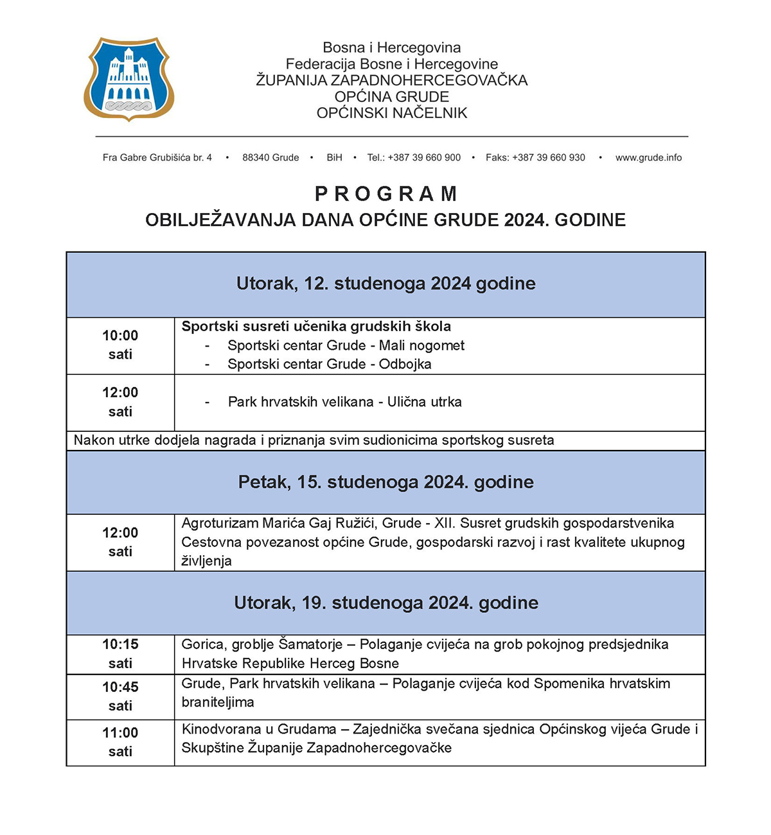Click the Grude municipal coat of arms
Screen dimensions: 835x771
tap(128, 79)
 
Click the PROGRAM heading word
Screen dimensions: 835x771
tap(386, 194)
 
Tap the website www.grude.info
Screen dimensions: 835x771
tap(648, 157)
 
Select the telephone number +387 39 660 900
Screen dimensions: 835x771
tap(424, 157)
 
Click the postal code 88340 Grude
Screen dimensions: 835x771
tap(270, 157)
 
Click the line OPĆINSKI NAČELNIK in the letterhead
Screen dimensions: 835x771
tap(392, 113)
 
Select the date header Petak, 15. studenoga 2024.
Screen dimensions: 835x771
tap(385, 482)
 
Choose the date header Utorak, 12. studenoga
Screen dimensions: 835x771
tap(385, 284)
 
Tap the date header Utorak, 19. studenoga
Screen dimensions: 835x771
tap(385, 603)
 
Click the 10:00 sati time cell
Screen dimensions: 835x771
tap(120, 345)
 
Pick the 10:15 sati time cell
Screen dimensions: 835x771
tap(120, 653)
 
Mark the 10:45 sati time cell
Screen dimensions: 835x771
tap(120, 696)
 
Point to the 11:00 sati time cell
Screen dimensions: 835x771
tap(120, 742)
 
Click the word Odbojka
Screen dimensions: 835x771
tap(405, 364)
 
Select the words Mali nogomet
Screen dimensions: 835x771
tap(421, 345)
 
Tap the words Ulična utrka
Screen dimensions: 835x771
tap(424, 402)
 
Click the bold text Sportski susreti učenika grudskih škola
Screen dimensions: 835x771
tap(316, 326)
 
